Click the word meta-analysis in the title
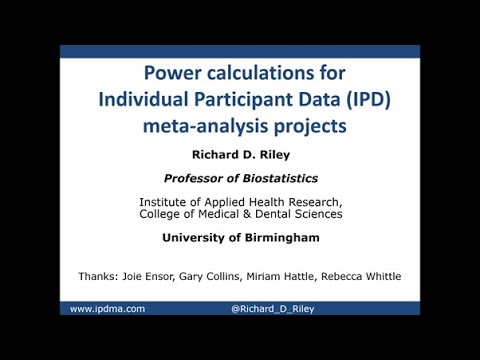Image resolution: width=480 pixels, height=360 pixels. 206,126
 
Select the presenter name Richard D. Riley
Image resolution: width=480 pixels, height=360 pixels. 240,155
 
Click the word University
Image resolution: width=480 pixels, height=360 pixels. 196,238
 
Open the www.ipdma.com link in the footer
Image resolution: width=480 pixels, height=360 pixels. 107,309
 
